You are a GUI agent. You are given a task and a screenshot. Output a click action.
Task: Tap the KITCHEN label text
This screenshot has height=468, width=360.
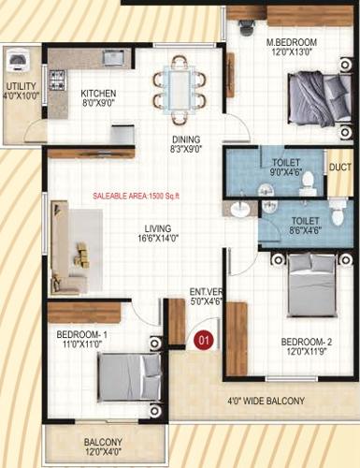click(97, 94)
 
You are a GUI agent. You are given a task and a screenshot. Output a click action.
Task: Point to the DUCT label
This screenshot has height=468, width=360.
click(338, 167)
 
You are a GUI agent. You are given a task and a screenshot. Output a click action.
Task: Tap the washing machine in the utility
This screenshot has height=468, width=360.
click(18, 63)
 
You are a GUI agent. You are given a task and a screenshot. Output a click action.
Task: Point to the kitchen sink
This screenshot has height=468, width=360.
click(114, 57)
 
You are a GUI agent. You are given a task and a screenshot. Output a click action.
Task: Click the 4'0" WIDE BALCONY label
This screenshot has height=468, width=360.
click(266, 401)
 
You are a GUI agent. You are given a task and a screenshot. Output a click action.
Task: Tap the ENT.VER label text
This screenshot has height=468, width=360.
click(206, 291)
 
